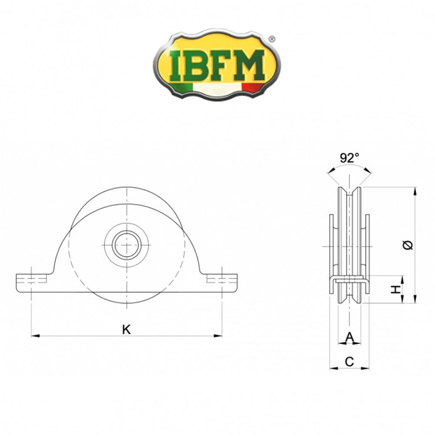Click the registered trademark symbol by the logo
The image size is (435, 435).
tap(272, 39)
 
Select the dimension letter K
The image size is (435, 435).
tap(126, 330)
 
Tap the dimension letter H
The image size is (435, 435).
tap(395, 289)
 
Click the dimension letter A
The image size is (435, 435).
tap(349, 336)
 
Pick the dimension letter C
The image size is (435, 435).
tap(349, 361)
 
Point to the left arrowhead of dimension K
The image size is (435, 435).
tap(35, 335)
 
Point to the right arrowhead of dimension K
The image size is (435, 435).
tap(219, 335)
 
